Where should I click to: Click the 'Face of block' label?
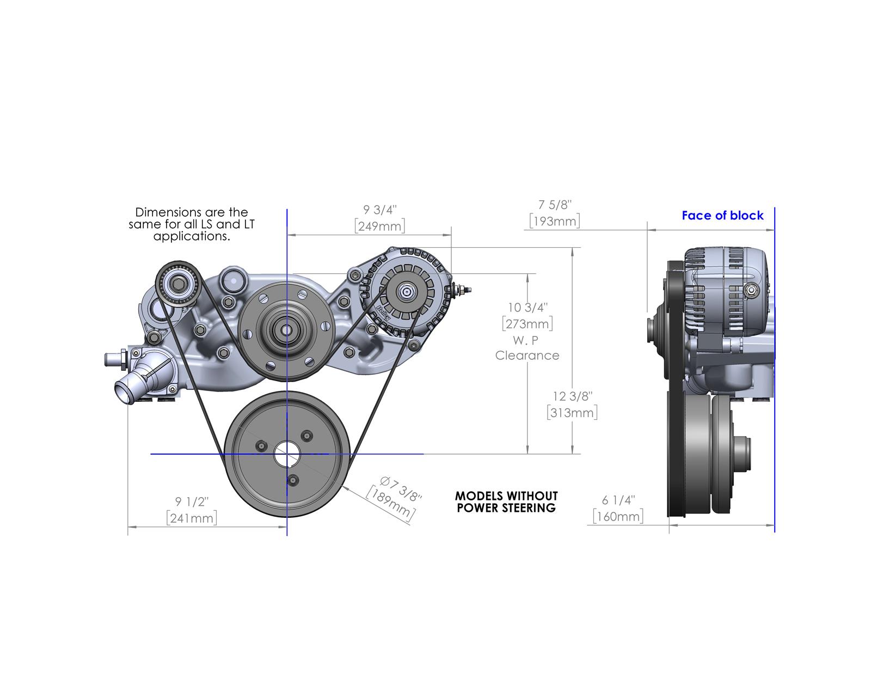722,216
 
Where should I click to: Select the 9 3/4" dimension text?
381,210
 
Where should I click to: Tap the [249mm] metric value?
380,225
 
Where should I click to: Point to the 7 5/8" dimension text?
555,205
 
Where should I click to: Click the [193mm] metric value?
554,221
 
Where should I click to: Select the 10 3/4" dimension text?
527,308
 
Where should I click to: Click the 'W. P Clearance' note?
527,348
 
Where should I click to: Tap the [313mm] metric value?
572,412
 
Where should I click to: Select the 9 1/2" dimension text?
192,501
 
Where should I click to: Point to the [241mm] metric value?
192,517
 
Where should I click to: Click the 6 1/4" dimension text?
618,500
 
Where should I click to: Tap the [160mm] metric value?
618,516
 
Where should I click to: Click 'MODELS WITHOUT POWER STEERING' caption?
506,501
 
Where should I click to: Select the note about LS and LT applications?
192,224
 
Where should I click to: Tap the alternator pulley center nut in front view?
406,291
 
